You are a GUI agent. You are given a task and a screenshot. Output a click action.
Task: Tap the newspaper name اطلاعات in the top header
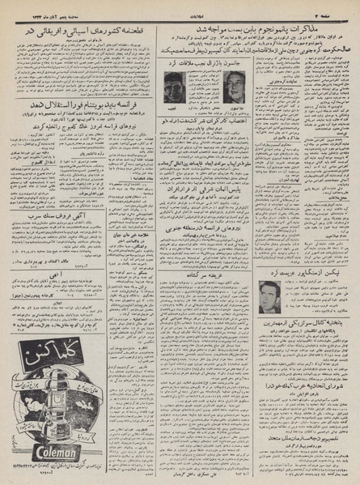point(180,10)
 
